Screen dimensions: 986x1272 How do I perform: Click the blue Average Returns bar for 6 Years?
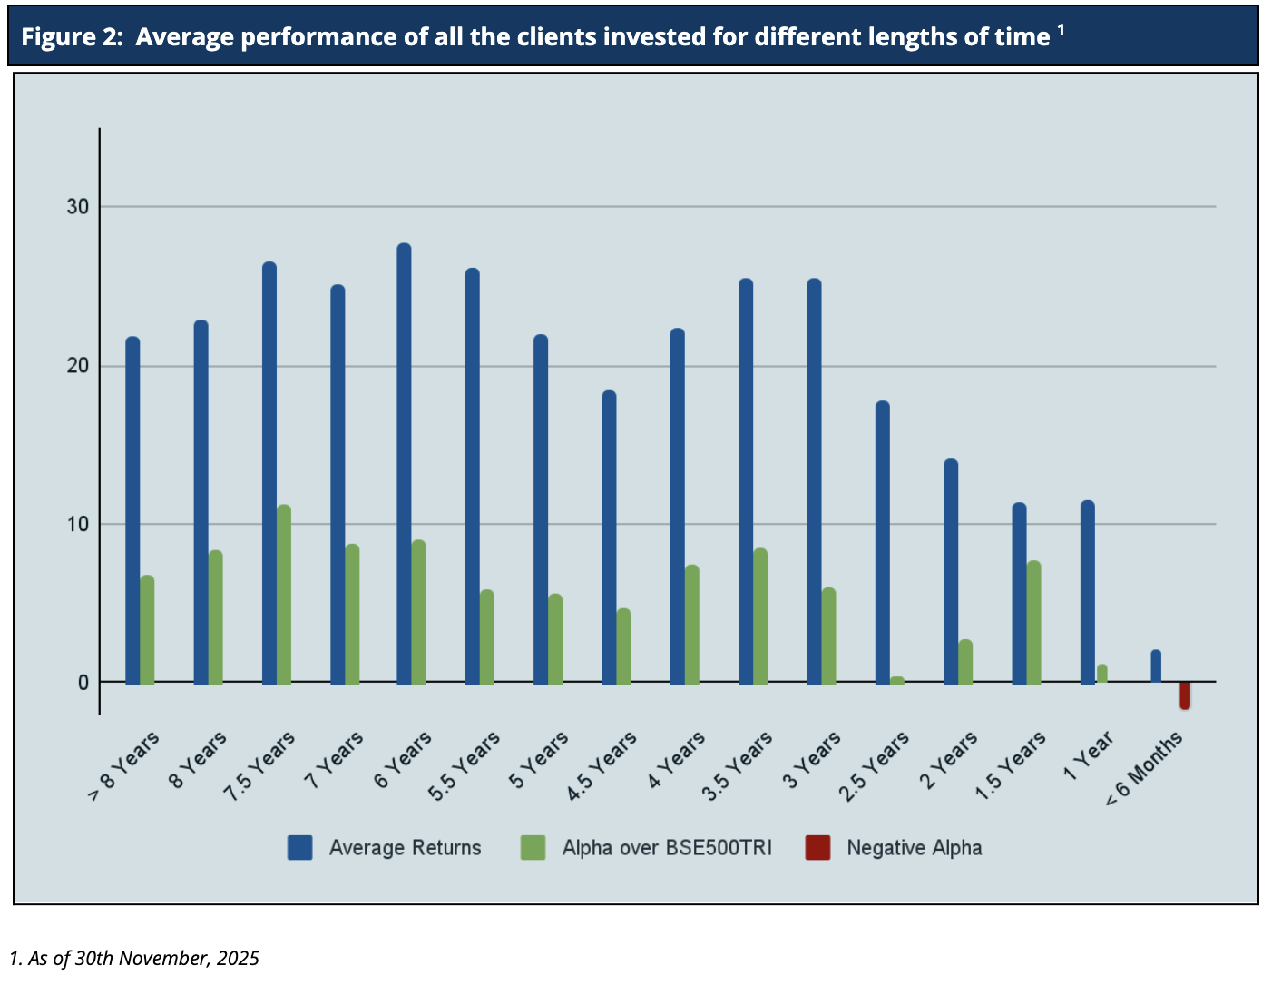(404, 463)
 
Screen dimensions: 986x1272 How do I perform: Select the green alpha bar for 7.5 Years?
(284, 594)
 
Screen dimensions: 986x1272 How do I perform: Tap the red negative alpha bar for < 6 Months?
(1185, 695)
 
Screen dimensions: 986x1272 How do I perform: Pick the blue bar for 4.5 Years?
(609, 537)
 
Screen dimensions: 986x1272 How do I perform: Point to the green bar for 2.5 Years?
(897, 680)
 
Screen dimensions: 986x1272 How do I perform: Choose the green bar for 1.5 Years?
(1033, 622)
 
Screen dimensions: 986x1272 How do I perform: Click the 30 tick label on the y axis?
(78, 207)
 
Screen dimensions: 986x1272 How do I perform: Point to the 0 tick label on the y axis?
(83, 683)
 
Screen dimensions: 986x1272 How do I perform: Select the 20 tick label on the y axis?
(78, 366)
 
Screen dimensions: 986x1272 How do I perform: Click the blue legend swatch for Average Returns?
(299, 848)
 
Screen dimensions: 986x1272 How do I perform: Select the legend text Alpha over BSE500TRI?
(667, 848)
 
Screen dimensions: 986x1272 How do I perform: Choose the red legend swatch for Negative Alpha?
(817, 848)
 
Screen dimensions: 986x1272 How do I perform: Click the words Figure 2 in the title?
(72, 37)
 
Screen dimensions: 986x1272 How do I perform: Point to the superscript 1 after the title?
(1061, 30)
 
